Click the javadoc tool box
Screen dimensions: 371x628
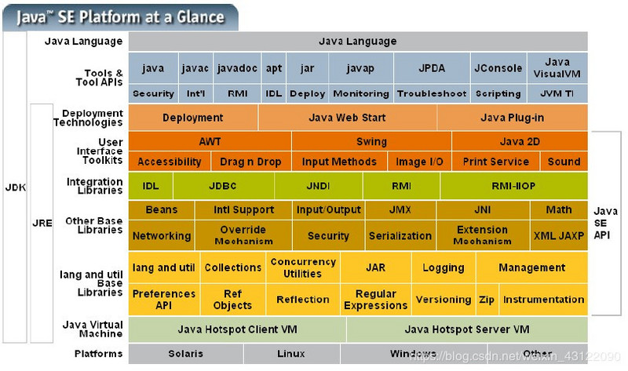236,68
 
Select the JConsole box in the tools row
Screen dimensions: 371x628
498,68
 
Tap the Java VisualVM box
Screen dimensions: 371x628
557,68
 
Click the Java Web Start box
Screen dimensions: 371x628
346,118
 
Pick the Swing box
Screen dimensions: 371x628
371,142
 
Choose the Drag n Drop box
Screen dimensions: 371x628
250,162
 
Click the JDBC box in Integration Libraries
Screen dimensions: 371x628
223,187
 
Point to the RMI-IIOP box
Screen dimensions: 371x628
513,187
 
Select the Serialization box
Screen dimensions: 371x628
400,235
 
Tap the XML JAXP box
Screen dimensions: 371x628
558,235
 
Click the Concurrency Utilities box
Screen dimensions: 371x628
302,268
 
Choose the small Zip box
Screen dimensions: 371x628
487,300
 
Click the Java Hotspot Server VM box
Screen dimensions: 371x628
466,329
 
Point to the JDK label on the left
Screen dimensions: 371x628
15,187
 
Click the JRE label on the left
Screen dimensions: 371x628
42,223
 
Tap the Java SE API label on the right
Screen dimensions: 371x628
605,223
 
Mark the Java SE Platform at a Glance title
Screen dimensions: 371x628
126,16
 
